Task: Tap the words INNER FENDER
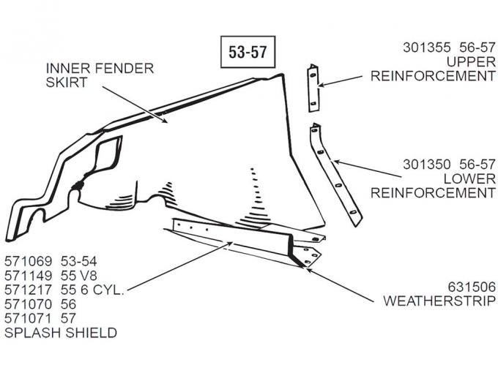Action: click(x=100, y=69)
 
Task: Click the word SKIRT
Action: click(x=67, y=83)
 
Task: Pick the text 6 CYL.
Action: click(x=106, y=290)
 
